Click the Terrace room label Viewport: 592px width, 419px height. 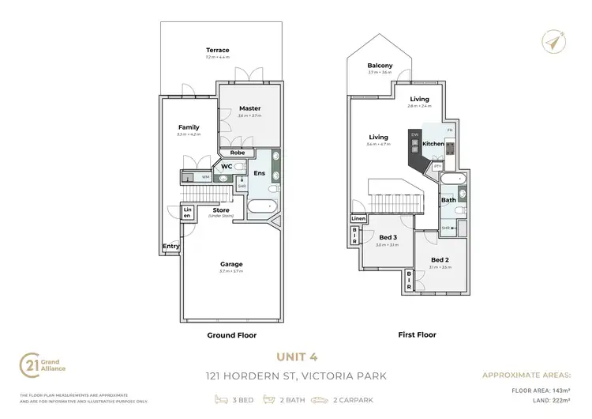click(x=217, y=50)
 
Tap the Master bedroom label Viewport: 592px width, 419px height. click(x=250, y=108)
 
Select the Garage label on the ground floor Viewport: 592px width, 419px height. click(x=231, y=264)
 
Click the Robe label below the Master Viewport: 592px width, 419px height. click(x=238, y=153)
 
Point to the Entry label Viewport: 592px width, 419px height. click(x=171, y=246)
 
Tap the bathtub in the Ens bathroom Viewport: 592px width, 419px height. click(x=260, y=208)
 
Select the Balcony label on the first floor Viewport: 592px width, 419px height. click(x=380, y=66)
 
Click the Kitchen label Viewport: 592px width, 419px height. click(x=433, y=144)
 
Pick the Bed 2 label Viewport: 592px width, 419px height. click(x=440, y=259)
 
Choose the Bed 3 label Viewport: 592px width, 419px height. click(x=387, y=238)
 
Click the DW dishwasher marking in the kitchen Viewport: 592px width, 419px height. click(x=414, y=134)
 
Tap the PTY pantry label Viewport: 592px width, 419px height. click(x=437, y=166)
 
